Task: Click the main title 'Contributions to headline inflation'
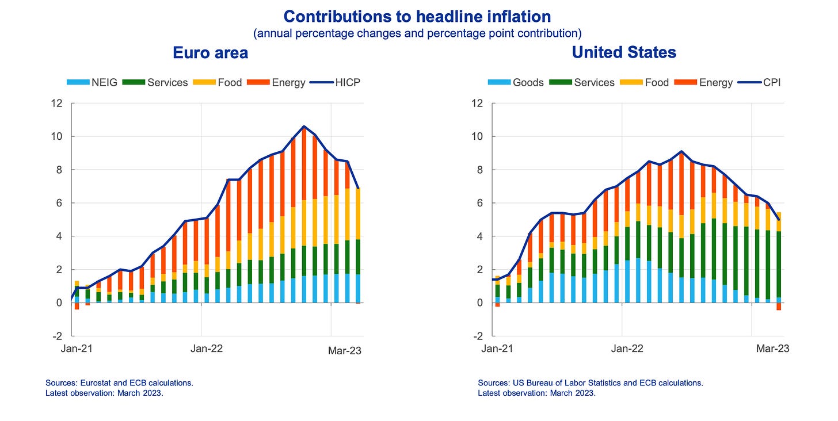417,16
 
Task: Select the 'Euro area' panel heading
210,53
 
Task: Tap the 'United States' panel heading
624,53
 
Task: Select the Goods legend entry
516,82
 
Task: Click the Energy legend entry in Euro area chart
276,82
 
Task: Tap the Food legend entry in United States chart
645,82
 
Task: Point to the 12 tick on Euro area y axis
56,104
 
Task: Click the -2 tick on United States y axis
477,336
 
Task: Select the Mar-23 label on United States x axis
772,349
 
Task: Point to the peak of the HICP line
304,127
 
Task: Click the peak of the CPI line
681,151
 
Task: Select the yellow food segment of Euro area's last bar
358,213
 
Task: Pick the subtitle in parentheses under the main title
417,33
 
